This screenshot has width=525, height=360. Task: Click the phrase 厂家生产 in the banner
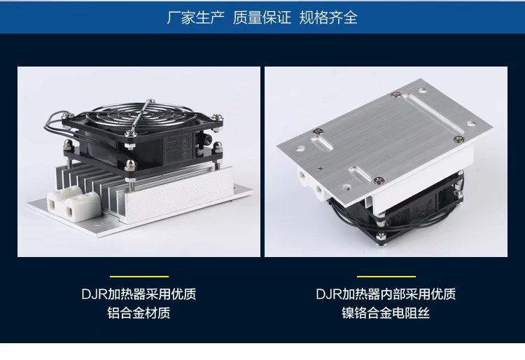click(x=196, y=18)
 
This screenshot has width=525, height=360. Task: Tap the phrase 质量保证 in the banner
click(x=262, y=18)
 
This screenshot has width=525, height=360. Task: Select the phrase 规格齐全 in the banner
click(x=328, y=18)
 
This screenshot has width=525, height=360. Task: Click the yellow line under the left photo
click(x=139, y=277)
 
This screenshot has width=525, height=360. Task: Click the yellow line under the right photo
click(x=386, y=277)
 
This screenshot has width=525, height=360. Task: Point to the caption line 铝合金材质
click(x=139, y=313)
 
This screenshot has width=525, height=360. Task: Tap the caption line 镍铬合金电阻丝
click(x=386, y=313)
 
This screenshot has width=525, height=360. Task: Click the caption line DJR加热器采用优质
click(x=139, y=294)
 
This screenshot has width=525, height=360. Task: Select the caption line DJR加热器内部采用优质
click(x=386, y=294)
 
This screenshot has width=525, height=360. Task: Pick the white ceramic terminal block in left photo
click(x=73, y=203)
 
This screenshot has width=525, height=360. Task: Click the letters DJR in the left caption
click(x=94, y=294)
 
